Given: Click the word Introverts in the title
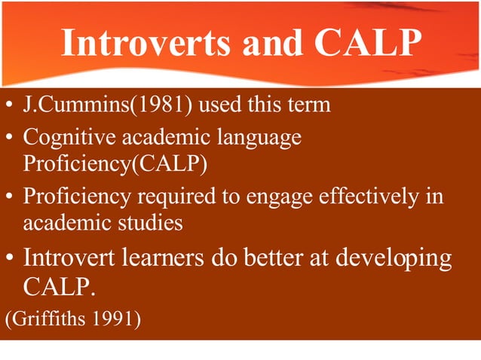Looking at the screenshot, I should pyautogui.click(x=147, y=43).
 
